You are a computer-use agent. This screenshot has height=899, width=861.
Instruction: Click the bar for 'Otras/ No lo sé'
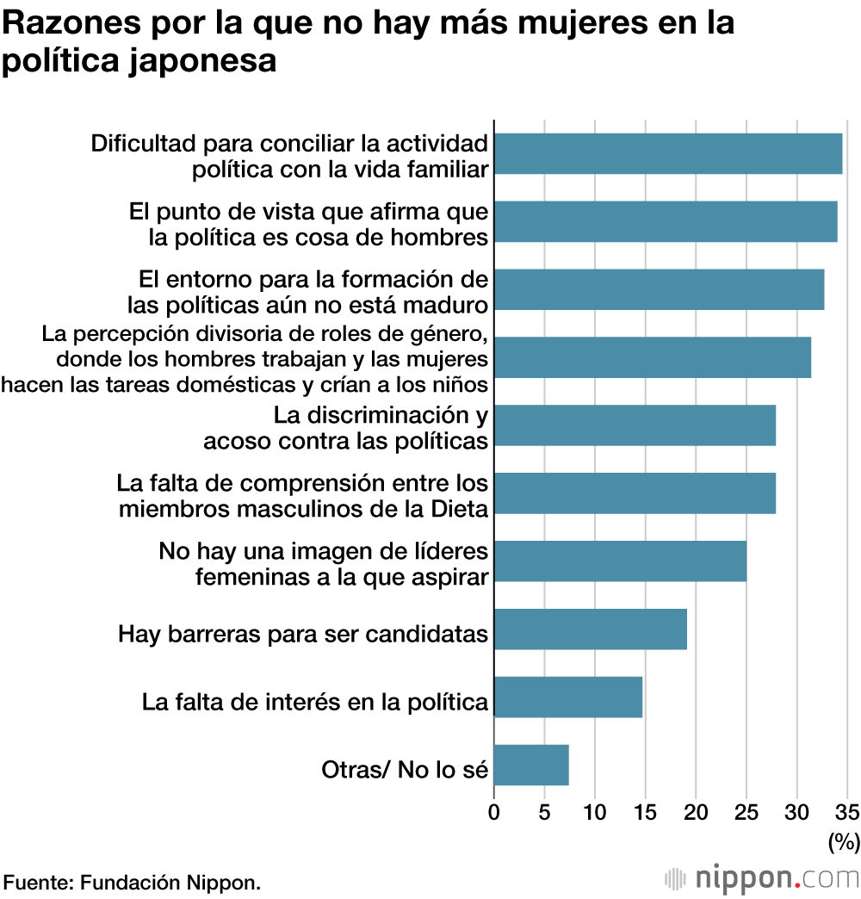click(531, 765)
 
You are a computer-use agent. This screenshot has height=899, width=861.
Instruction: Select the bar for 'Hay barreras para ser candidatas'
click(591, 629)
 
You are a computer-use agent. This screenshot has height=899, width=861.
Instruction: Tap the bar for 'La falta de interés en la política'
click(568, 697)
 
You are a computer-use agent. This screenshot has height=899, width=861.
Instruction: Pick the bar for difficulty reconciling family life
click(668, 154)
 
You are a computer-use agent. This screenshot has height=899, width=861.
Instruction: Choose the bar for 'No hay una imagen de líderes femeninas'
click(620, 561)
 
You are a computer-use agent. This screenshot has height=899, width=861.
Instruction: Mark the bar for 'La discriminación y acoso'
click(635, 425)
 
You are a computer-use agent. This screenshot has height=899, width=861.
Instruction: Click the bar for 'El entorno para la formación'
click(659, 289)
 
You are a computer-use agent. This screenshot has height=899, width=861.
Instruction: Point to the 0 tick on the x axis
click(494, 811)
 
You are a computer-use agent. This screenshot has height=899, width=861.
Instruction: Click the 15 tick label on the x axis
click(646, 811)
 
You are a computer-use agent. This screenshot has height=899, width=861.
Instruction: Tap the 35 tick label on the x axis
click(847, 811)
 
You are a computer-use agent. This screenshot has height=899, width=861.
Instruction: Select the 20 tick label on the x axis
click(696, 811)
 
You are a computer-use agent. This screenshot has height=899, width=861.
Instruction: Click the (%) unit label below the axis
click(844, 841)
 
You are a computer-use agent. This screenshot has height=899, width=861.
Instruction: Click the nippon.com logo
click(763, 878)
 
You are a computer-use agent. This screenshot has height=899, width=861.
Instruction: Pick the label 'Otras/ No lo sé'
click(405, 769)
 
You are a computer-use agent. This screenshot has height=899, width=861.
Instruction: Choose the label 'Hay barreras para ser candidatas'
click(303, 635)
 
